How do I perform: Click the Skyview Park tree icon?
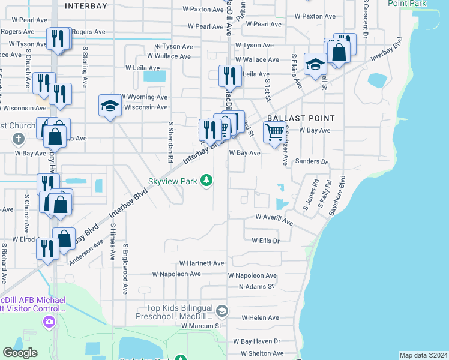coord(206,180)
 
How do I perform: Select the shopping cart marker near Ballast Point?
coord(274,131)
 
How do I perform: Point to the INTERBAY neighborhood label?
coord(86,5)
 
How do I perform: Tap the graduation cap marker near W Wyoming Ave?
coord(109,106)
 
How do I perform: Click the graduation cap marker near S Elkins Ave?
coord(315,64)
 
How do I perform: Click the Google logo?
coord(20,353)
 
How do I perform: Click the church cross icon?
coord(19,139)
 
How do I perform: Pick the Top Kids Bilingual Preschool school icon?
coord(222,310)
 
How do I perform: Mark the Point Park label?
coord(407,4)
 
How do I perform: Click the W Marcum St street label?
coord(202,325)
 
